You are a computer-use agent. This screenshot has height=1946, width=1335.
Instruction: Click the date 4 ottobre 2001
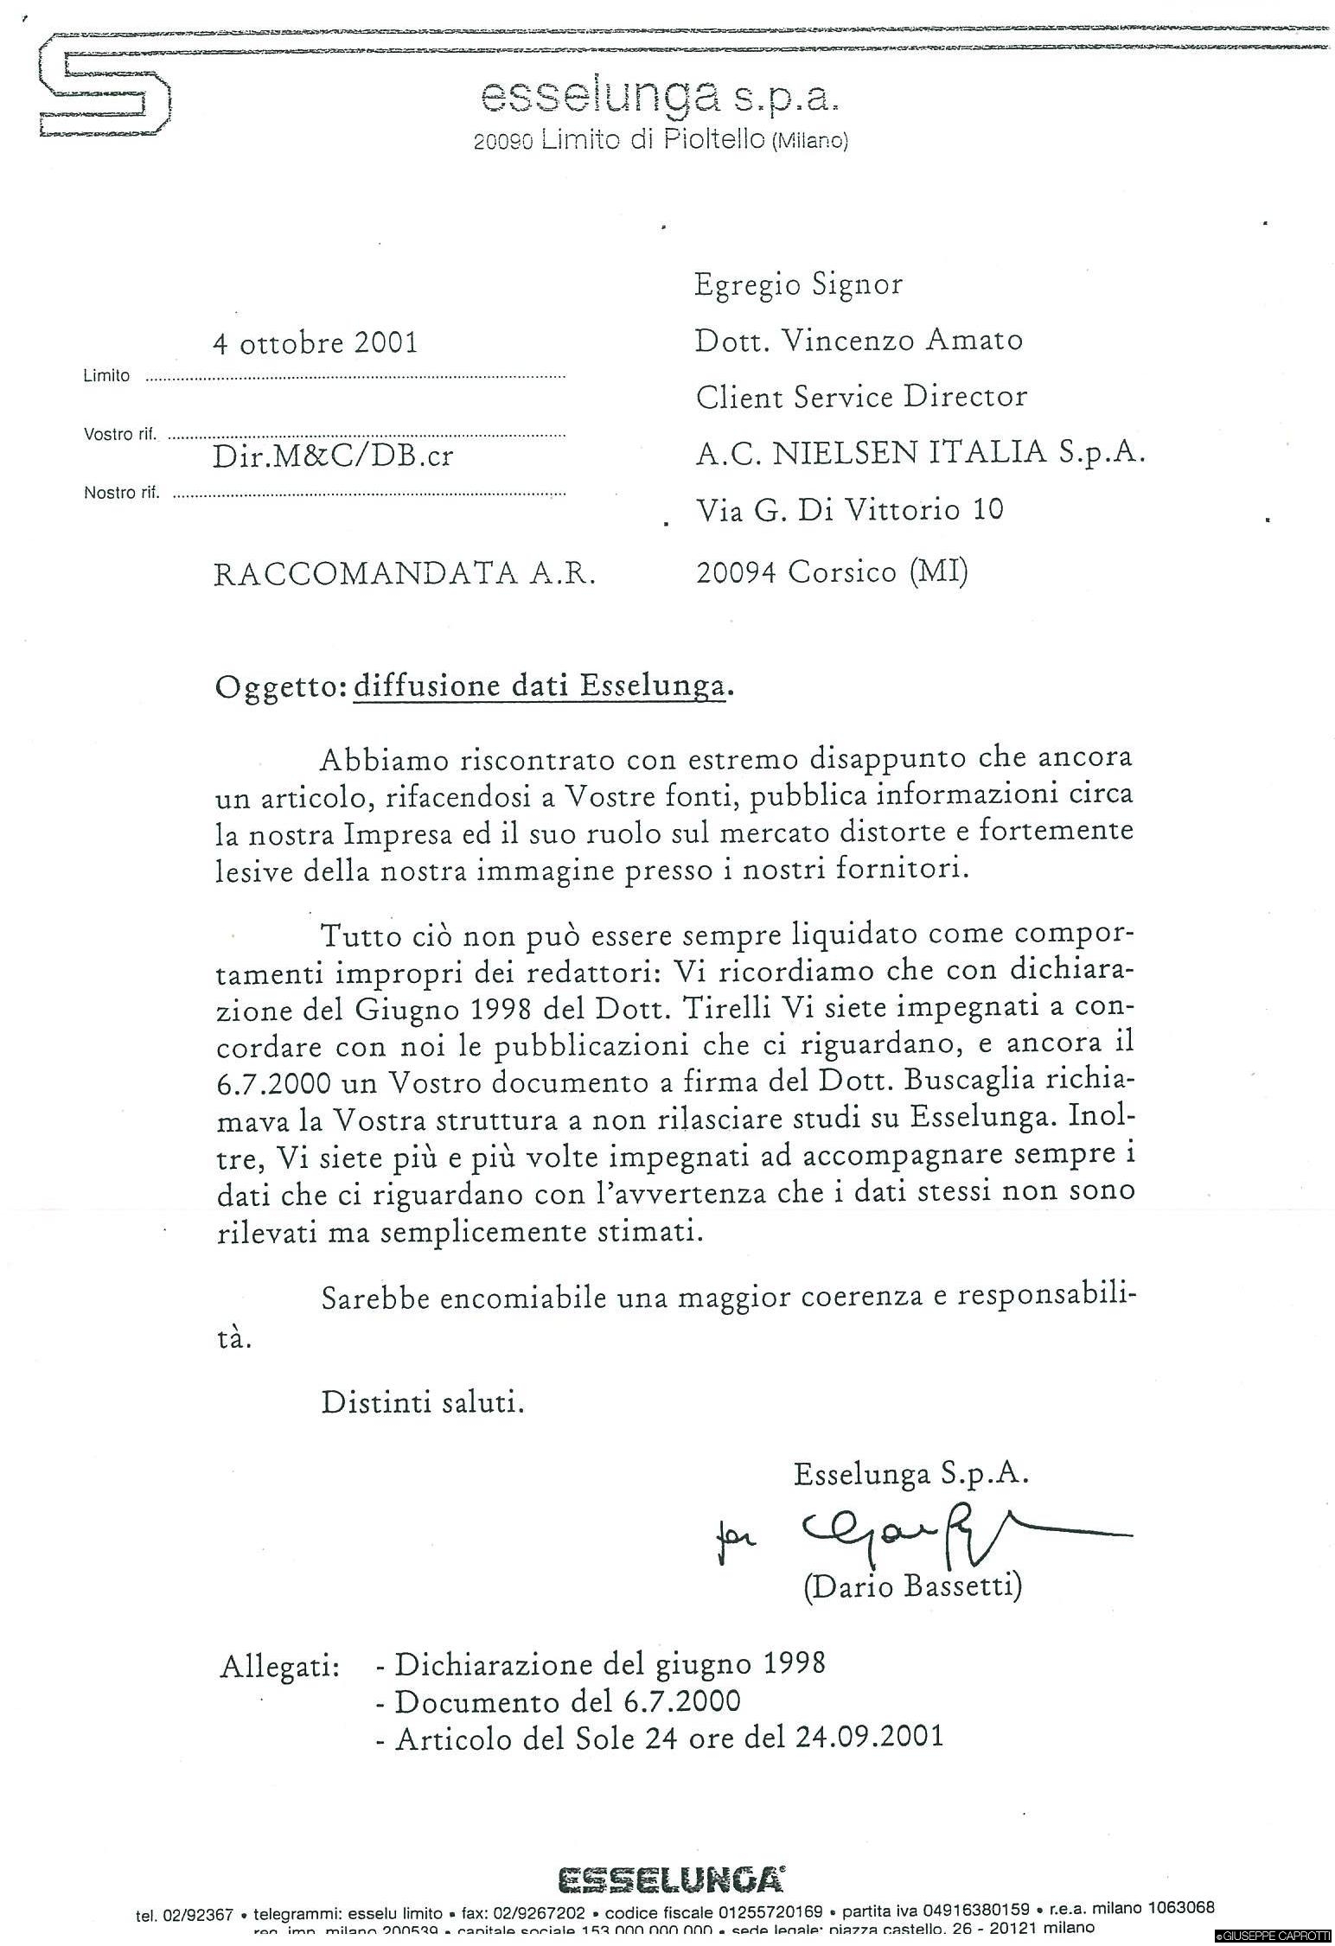tap(315, 343)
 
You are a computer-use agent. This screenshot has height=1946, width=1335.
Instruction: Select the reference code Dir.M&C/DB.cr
tap(332, 456)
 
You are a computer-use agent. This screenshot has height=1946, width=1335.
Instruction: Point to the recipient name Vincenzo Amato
tap(902, 341)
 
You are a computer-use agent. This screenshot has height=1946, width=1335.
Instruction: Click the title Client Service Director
tap(861, 397)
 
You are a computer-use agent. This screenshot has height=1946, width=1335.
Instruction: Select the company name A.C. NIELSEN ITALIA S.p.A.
tap(920, 453)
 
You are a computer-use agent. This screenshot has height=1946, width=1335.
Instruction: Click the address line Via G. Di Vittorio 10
tap(849, 510)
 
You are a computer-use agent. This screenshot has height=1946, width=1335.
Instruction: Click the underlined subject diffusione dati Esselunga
tap(538, 686)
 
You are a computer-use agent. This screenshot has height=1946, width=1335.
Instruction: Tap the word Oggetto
tap(278, 686)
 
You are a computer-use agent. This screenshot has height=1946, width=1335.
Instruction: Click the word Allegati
tap(279, 1666)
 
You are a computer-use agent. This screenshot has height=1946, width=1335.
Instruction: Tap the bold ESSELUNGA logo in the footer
tap(672, 1879)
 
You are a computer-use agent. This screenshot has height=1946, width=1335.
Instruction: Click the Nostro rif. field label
tap(121, 494)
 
